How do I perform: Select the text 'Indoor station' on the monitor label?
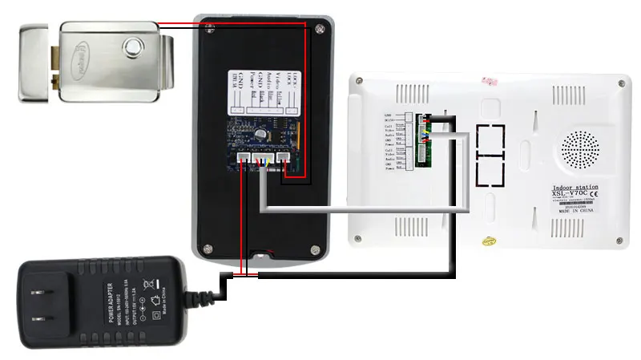point(576,188)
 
